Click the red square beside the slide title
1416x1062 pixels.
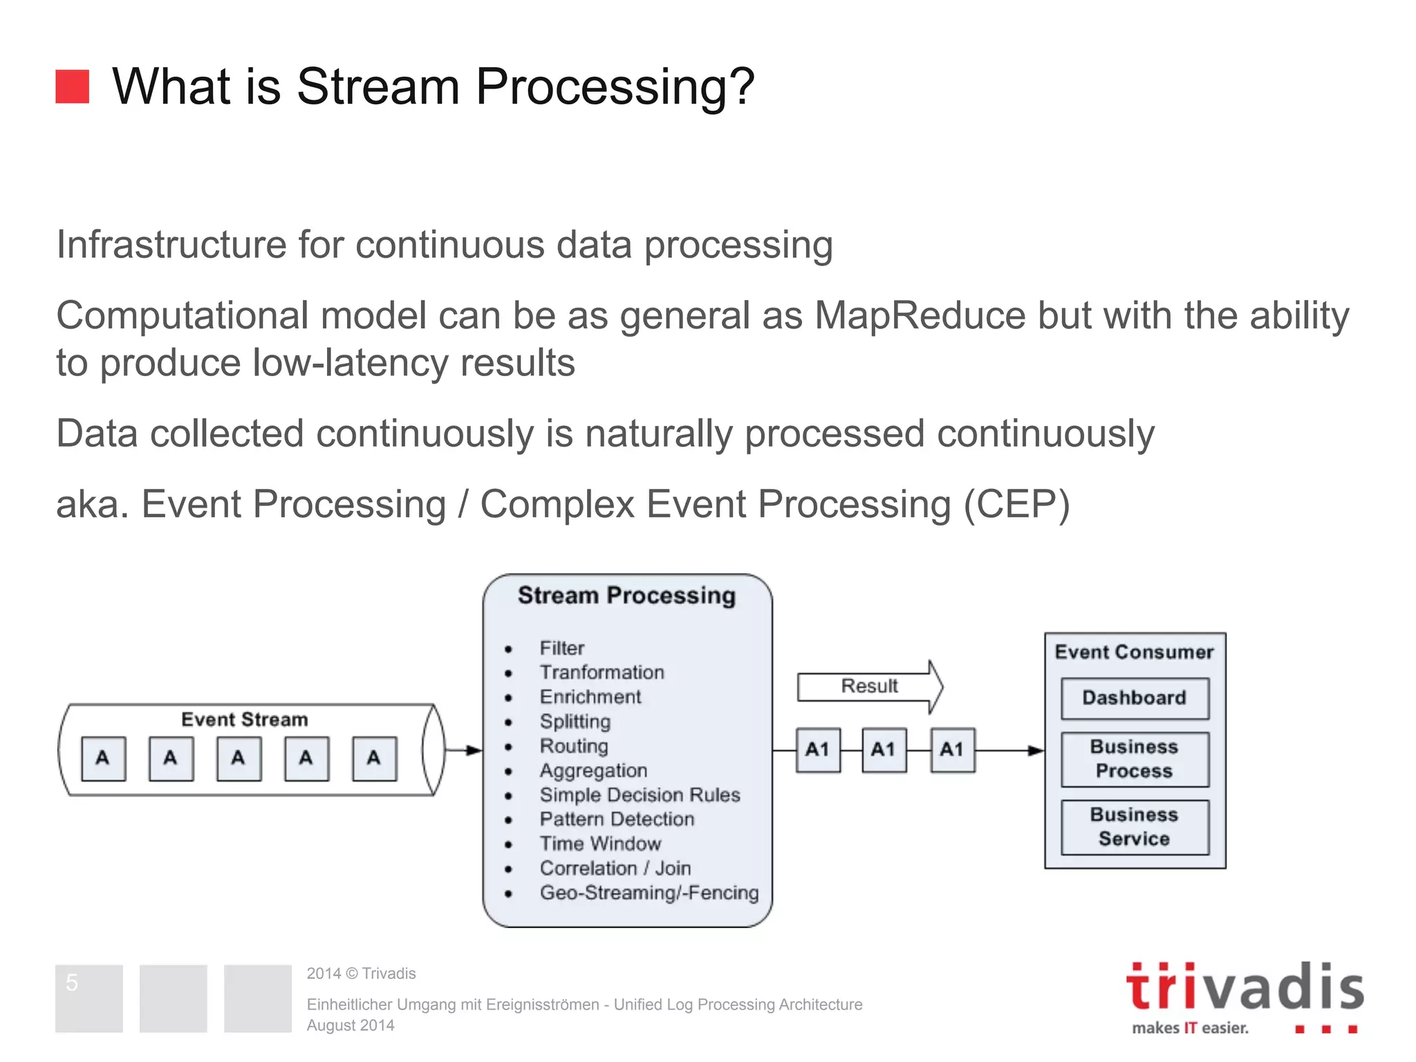[x=72, y=86]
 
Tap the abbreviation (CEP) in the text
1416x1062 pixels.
[x=1016, y=504]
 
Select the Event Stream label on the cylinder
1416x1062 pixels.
[x=244, y=720]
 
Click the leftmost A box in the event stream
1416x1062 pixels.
[x=103, y=758]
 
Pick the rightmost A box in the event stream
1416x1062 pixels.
[x=374, y=758]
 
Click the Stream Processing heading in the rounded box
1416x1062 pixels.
[x=626, y=596]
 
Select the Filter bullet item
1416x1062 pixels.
[x=561, y=649]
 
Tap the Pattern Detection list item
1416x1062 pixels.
[x=617, y=819]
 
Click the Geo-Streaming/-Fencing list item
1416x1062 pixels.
[x=649, y=893]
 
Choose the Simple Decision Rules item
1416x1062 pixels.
[x=640, y=795]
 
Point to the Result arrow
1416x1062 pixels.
[x=869, y=687]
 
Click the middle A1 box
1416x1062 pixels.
[x=884, y=750]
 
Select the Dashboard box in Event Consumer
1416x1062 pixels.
[x=1135, y=698]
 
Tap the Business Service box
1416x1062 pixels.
[x=1135, y=827]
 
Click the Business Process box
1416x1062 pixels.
[x=1135, y=759]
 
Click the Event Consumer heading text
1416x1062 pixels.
[x=1134, y=652]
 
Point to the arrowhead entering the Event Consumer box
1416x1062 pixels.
[x=1036, y=751]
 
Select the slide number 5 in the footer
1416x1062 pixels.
[x=72, y=982]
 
